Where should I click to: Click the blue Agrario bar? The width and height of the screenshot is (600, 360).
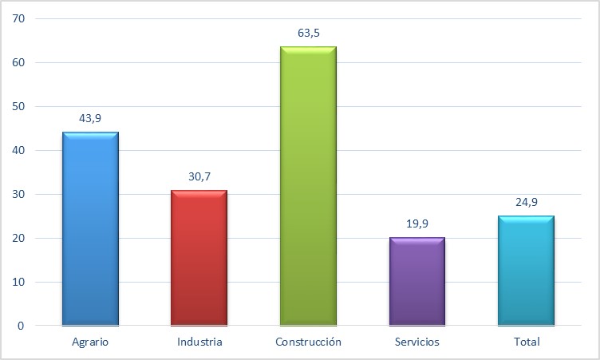[90, 228]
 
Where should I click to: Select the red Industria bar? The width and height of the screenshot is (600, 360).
[199, 257]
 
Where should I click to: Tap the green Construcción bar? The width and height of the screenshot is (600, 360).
[308, 185]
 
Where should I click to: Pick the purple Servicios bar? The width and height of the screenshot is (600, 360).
[416, 281]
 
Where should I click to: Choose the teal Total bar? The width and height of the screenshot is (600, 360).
[525, 270]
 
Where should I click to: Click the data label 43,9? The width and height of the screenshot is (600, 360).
[90, 118]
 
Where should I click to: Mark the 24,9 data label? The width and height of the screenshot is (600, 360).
[525, 202]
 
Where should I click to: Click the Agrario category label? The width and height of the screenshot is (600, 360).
[89, 342]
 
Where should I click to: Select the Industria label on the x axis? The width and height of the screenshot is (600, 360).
[199, 342]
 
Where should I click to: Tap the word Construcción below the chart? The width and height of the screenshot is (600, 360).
[308, 342]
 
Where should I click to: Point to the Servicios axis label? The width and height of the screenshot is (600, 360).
[416, 342]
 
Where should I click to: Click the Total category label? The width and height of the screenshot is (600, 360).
[527, 342]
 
